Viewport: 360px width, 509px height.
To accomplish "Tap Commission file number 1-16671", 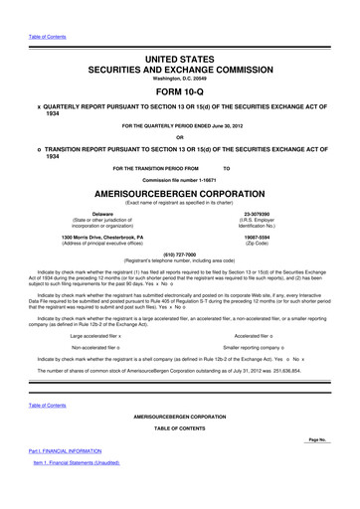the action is (179, 177).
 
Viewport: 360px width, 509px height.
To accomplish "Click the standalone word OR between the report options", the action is (179, 136).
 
